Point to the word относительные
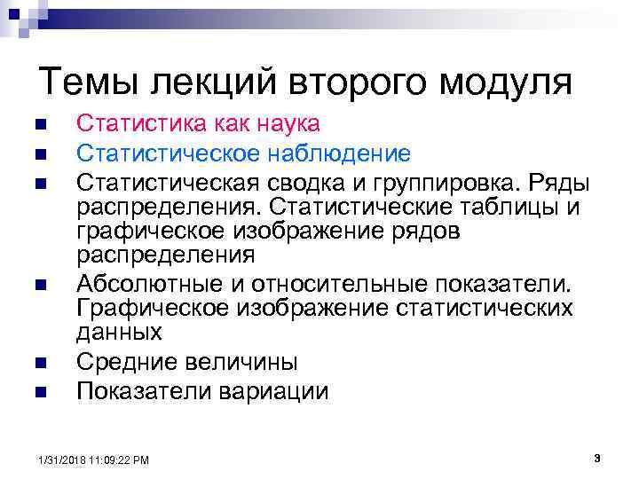point(342,284)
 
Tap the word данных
point(119,333)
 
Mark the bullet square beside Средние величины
point(39,363)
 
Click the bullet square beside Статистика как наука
point(39,124)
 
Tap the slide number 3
point(596,458)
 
